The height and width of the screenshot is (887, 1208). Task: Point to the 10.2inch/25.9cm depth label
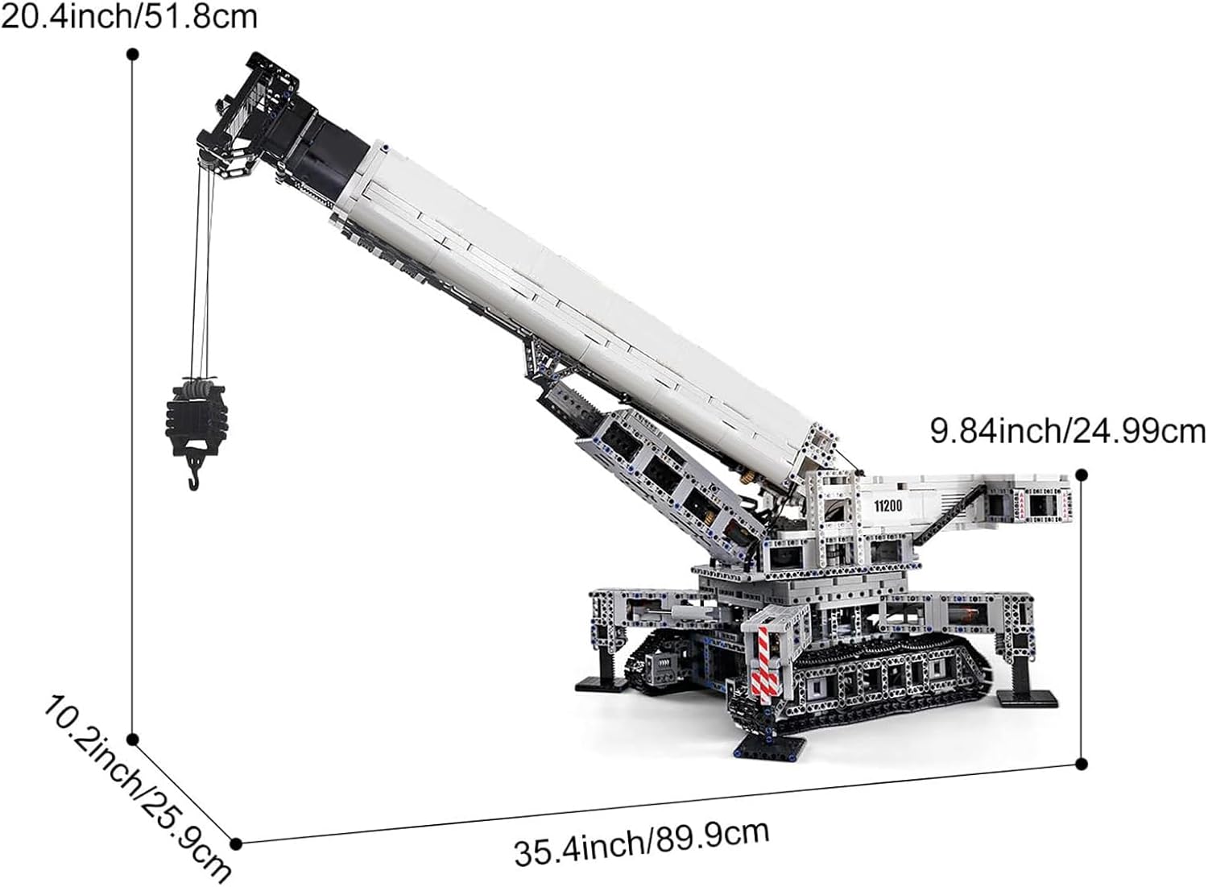[x=137, y=791]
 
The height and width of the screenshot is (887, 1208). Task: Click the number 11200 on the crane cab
[x=887, y=505]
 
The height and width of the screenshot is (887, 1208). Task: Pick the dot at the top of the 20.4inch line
[x=133, y=55]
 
